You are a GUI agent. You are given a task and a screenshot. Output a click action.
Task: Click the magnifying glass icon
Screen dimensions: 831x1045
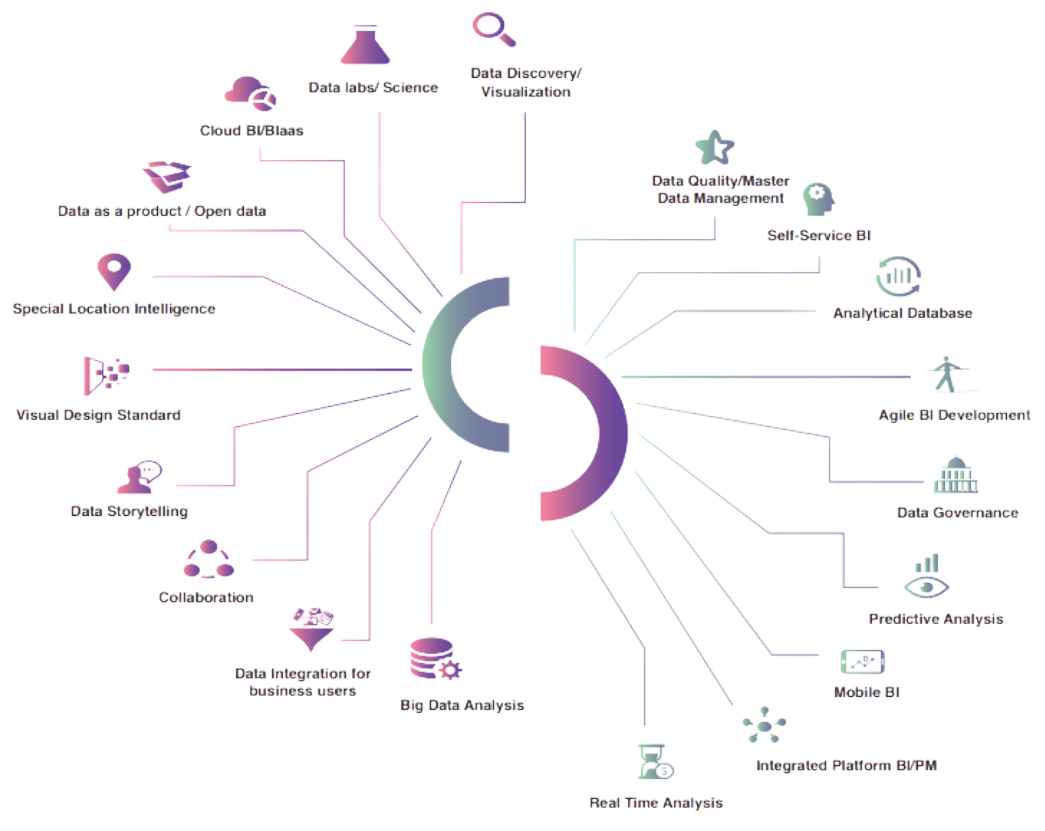coord(493,29)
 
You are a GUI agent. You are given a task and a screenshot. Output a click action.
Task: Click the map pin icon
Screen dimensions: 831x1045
coord(114,271)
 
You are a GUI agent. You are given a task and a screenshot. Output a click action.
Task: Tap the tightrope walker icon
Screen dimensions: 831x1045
coord(947,374)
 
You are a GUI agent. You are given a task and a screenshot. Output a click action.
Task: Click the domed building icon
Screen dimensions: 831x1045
coord(956,476)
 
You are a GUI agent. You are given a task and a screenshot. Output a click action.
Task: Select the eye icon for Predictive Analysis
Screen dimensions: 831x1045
coord(926,587)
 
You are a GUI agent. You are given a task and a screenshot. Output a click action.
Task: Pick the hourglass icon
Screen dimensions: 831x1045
coord(654,762)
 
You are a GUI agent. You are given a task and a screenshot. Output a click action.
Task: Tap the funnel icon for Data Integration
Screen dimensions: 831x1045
coord(312,630)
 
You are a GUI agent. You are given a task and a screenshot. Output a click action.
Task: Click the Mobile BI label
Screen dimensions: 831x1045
coord(867,692)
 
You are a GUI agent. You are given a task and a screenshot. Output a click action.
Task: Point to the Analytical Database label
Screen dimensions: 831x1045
coord(902,313)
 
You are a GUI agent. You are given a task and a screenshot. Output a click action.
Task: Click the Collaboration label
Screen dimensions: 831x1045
coord(206,597)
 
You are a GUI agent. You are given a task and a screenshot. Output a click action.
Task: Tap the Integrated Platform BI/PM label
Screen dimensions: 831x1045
coord(846,765)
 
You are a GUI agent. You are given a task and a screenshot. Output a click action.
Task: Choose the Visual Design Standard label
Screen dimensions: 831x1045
coord(99,415)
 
